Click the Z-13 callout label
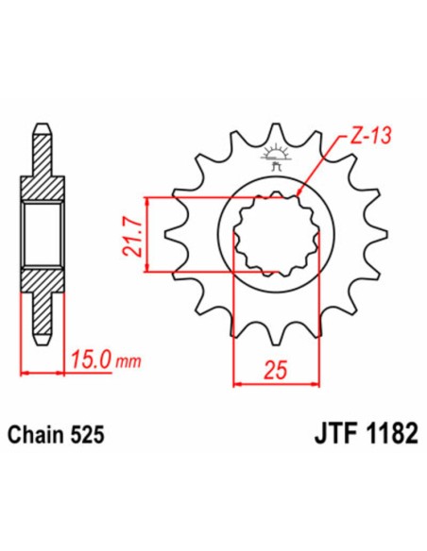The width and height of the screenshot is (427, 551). point(370,136)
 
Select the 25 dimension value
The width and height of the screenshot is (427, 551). point(276,370)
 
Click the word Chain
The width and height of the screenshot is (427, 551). point(37,434)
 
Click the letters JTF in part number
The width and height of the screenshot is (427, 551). point(335,434)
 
